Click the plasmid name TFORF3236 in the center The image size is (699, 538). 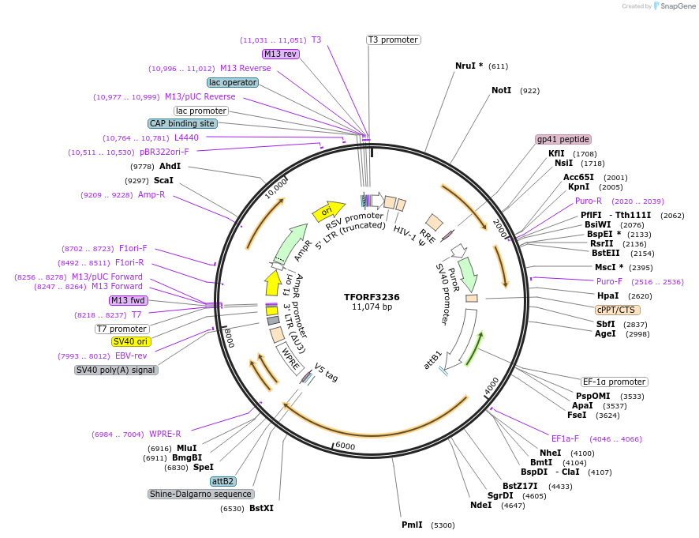[372, 297]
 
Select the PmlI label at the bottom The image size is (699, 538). [412, 525]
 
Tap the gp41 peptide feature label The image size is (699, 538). [563, 139]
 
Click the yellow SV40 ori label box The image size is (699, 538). [130, 341]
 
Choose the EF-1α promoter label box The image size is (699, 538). [614, 382]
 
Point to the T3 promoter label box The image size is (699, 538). [393, 40]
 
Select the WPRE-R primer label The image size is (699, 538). [165, 434]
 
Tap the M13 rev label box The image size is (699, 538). [281, 54]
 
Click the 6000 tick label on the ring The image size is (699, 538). [346, 446]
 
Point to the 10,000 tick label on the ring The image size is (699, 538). [277, 188]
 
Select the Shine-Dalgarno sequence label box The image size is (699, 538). [200, 494]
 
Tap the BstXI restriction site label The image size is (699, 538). [261, 508]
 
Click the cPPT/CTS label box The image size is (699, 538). [616, 310]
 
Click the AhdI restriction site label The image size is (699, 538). [170, 166]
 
